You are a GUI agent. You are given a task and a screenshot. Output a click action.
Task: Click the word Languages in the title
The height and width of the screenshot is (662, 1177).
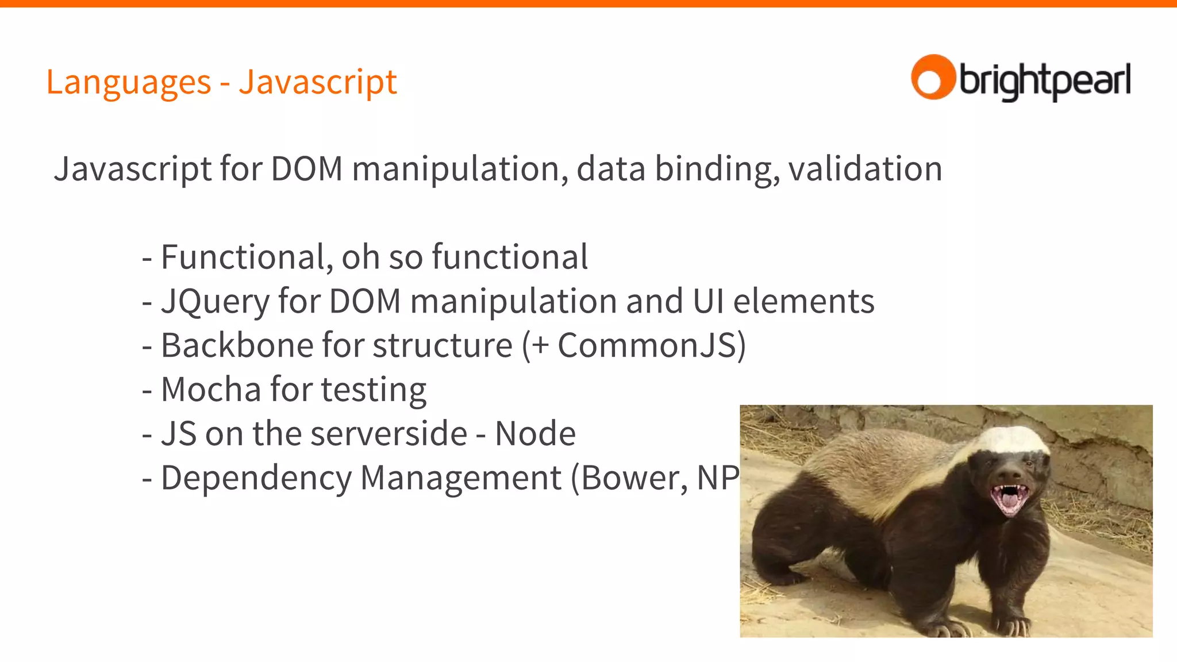tap(128, 82)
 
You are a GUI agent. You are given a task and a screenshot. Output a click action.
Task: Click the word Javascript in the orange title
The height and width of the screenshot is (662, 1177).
tap(318, 82)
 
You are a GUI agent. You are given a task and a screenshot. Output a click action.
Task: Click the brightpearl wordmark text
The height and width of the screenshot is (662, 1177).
tap(1044, 80)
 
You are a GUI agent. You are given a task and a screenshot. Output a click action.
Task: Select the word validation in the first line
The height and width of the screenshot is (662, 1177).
tap(865, 169)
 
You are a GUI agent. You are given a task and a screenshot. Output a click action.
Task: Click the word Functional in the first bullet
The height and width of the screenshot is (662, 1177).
tap(243, 257)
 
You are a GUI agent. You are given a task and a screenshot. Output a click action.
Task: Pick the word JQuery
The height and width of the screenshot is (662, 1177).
tap(214, 302)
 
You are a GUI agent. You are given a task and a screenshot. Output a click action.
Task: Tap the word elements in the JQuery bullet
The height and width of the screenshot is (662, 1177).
tap(803, 301)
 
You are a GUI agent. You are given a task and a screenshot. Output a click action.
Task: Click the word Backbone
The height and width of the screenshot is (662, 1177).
tap(236, 345)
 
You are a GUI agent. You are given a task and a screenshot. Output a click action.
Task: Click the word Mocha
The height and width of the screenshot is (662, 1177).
tap(211, 390)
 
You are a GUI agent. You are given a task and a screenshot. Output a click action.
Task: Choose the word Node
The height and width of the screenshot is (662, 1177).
tap(535, 434)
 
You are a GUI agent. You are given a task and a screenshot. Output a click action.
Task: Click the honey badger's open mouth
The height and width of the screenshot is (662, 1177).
tap(1010, 498)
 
